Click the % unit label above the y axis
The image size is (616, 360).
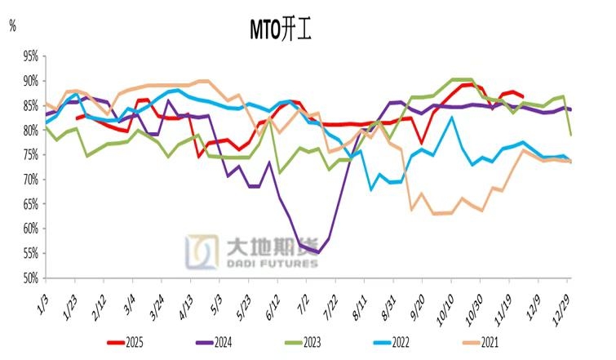click(x=12, y=25)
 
